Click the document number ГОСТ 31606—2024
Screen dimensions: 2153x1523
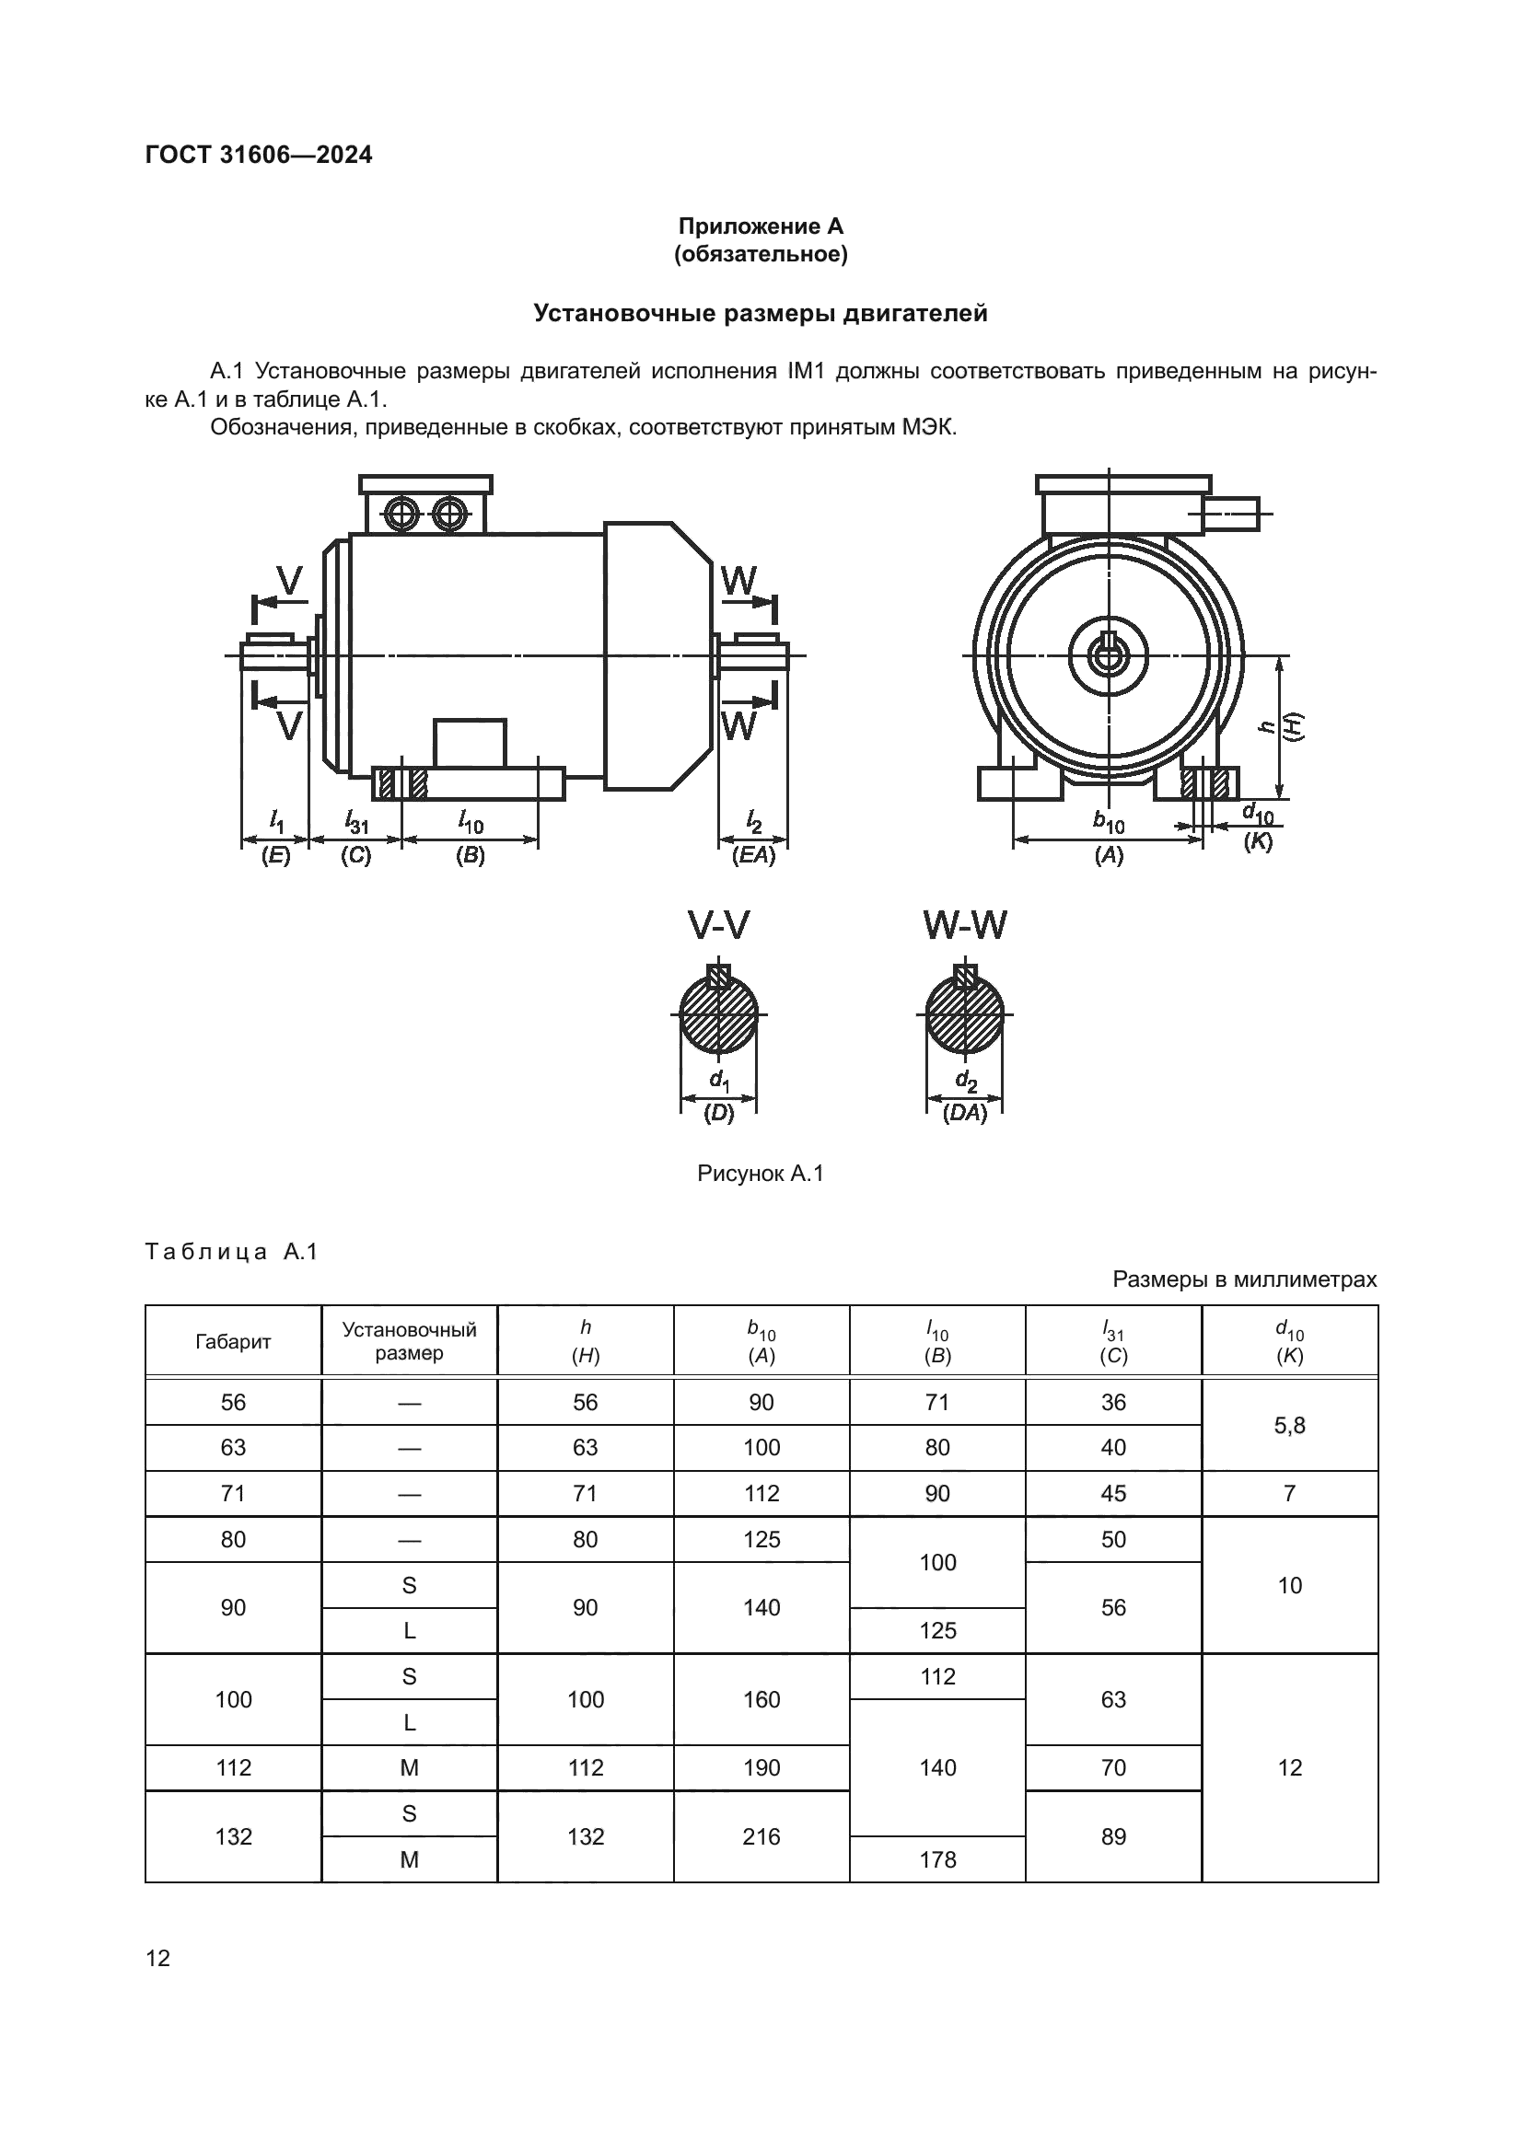[x=259, y=155]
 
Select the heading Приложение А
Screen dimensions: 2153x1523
[x=761, y=226]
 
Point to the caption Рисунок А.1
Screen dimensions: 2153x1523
[x=761, y=1173]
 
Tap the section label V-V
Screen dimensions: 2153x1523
[x=718, y=925]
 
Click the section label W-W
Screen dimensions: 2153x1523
[x=965, y=925]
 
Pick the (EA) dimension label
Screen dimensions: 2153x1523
[x=754, y=855]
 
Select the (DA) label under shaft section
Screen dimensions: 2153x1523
[x=965, y=1113]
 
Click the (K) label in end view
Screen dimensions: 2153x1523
[x=1258, y=841]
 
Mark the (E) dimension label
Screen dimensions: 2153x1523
[x=275, y=855]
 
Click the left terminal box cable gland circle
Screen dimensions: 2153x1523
[x=402, y=513]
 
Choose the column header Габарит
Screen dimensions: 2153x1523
[x=234, y=1342]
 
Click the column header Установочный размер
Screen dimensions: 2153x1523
[x=409, y=1341]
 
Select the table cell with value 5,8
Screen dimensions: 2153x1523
[x=1289, y=1425]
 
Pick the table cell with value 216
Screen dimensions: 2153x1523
[x=761, y=1836]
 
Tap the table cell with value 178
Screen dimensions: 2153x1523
[x=937, y=1859]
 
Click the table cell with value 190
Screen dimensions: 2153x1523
[x=761, y=1767]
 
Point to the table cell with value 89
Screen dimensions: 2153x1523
[x=1113, y=1836]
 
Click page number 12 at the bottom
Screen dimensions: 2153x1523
[x=158, y=1958]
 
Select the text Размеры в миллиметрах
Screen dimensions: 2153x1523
[x=1245, y=1279]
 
